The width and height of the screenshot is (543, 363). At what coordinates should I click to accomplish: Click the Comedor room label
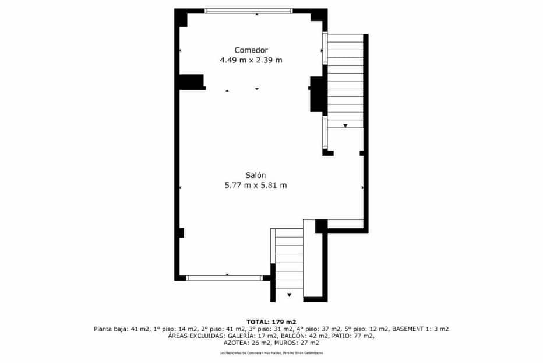251,50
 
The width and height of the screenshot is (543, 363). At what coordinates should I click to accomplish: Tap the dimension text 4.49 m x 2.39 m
251,60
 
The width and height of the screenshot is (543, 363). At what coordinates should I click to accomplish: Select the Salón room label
255,175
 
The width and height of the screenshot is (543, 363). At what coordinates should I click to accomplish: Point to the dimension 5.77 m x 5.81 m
255,186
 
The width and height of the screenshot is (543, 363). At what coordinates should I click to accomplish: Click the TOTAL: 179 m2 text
271,322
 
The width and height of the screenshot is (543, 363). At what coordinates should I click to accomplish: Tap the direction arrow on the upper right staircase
345,125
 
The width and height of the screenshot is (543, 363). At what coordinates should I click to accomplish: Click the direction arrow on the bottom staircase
290,295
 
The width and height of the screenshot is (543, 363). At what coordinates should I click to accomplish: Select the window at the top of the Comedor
249,11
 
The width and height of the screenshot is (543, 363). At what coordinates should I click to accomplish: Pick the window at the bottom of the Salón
224,278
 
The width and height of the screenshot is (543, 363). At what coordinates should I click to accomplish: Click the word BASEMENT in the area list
411,329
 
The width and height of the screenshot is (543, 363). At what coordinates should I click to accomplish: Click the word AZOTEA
237,343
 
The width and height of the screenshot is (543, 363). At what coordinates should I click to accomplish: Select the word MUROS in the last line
285,343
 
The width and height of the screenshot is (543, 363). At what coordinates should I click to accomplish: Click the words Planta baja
110,329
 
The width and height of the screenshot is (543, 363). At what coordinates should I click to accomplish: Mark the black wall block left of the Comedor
191,82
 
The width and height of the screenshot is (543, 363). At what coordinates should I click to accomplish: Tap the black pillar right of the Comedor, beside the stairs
316,93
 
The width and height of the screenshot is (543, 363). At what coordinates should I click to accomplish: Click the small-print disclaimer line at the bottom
271,353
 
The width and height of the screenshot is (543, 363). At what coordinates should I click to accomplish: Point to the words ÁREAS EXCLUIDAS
192,336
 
